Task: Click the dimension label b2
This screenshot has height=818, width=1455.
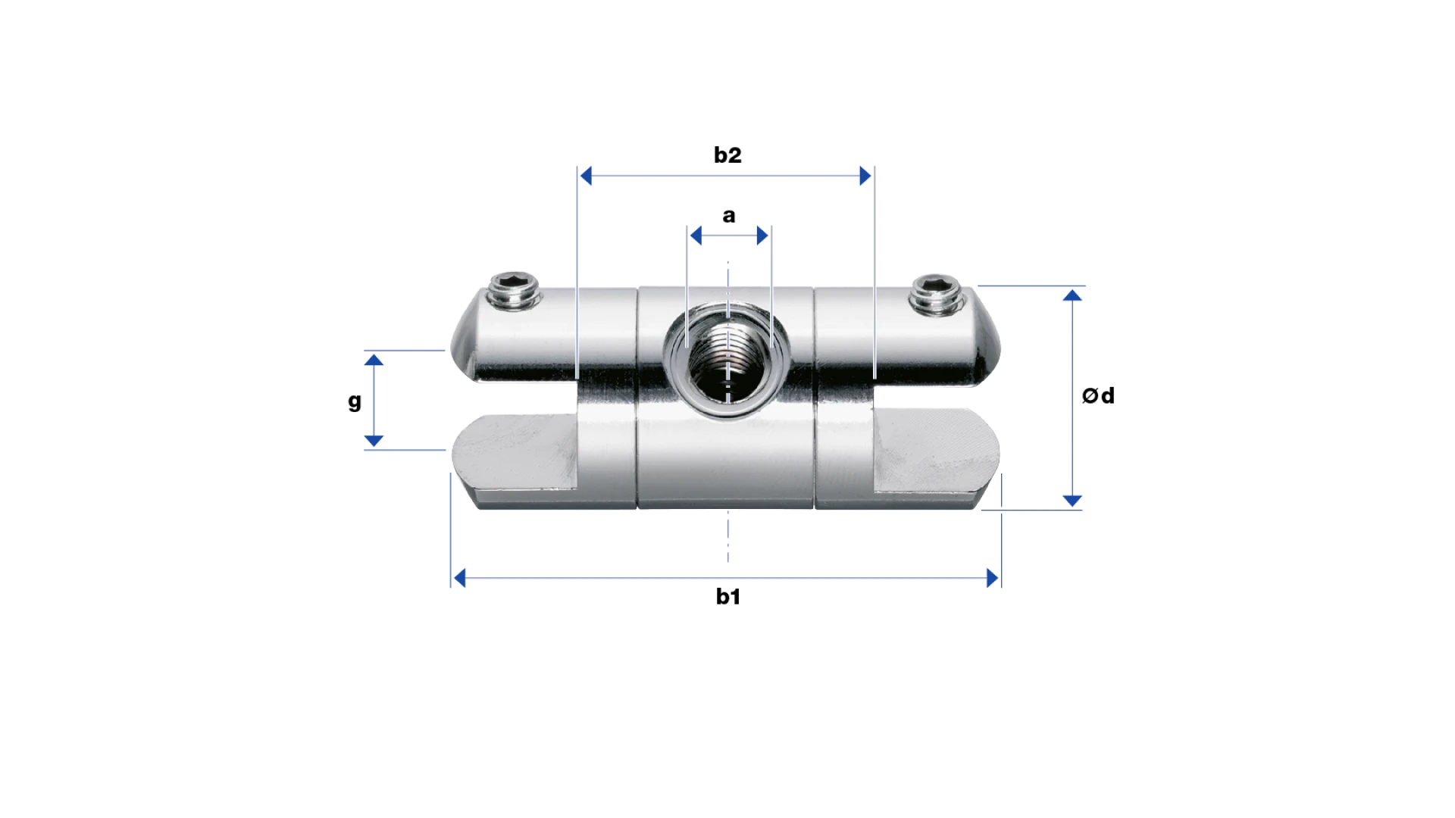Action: [727, 155]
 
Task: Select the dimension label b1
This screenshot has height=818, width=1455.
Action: [727, 596]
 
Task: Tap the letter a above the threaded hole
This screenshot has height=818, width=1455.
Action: [729, 216]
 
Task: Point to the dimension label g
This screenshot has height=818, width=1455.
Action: [355, 401]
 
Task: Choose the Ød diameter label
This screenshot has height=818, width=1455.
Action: [1098, 395]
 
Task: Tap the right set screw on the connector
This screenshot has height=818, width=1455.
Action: [938, 295]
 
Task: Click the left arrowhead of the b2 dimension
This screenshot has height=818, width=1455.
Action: [586, 176]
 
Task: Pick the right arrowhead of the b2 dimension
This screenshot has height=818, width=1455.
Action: [865, 176]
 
